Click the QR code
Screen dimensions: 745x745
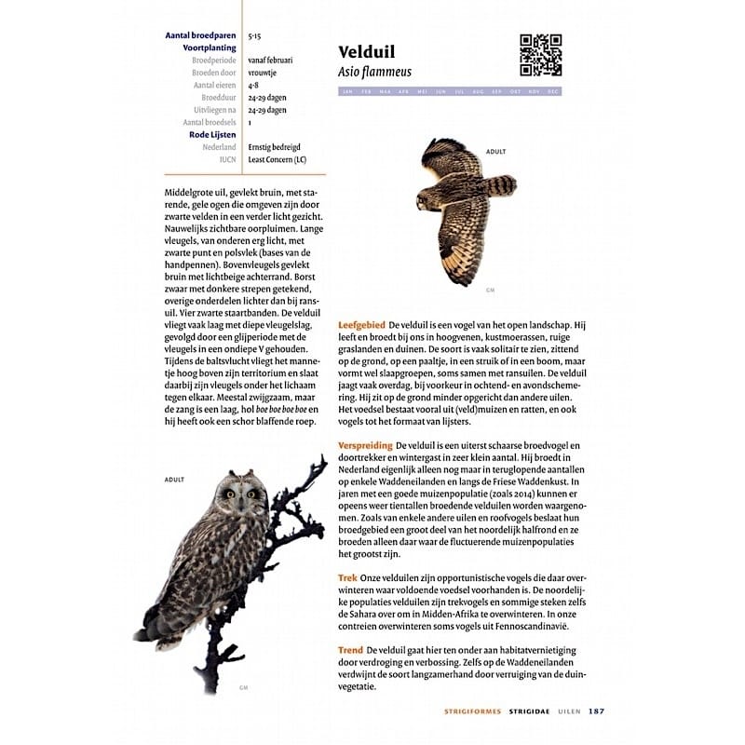tap(540, 55)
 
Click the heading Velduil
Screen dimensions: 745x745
tap(370, 51)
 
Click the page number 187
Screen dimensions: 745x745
tap(596, 712)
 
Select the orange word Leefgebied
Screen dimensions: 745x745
tap(361, 323)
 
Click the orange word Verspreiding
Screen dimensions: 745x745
tap(365, 446)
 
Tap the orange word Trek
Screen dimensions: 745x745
tap(347, 578)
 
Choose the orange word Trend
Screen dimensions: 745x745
tap(351, 649)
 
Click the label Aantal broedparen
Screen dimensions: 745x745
tap(200, 35)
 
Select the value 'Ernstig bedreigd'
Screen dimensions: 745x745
tap(275, 147)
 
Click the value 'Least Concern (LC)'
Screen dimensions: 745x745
tap(277, 159)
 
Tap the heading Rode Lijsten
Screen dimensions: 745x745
tap(212, 135)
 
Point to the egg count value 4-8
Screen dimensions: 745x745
tap(253, 85)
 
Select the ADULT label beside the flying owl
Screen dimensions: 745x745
tap(495, 151)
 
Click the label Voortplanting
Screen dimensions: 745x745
tap(210, 47)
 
